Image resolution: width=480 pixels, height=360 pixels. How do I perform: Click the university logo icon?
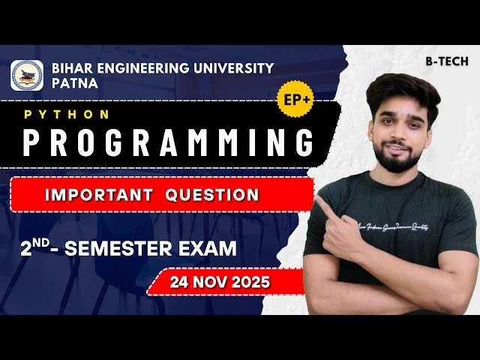pos(27,76)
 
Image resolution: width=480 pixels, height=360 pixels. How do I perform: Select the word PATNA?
pos(75,83)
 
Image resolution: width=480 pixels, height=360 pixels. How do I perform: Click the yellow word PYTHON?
pos(67,115)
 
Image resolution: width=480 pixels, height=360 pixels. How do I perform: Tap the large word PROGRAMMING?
pos(167,142)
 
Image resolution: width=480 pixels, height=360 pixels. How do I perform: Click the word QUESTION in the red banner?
pos(212,195)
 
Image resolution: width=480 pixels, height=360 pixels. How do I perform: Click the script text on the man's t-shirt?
pos(409,228)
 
